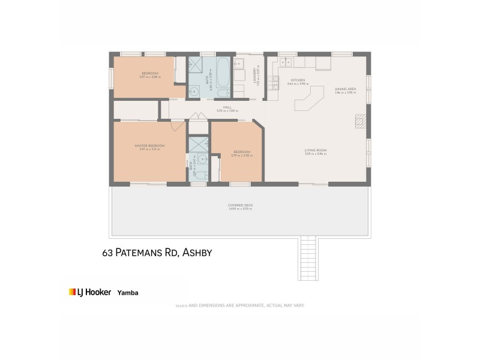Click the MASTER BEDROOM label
click(x=149, y=146)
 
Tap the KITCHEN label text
click(x=298, y=80)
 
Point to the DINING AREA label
click(x=346, y=89)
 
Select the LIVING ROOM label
click(x=315, y=151)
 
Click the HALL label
click(x=227, y=108)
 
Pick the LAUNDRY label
click(x=255, y=76)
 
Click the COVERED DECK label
click(x=240, y=206)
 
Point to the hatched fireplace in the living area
click(x=360, y=121)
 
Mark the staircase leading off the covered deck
click(x=307, y=258)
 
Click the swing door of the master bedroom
click(x=177, y=126)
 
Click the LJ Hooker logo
click(x=90, y=292)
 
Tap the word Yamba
click(x=127, y=293)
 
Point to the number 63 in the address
click(x=107, y=254)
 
